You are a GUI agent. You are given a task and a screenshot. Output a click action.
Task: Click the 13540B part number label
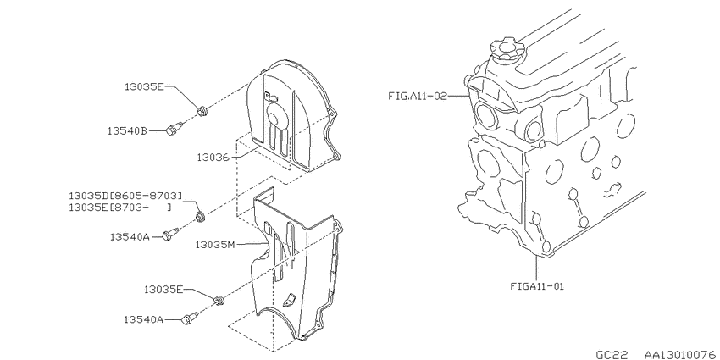point(128,130)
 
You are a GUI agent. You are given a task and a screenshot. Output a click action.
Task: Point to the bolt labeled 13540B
point(172,130)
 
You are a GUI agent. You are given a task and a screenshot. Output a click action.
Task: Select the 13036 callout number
point(213,157)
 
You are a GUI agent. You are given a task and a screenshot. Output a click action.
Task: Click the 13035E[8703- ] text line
point(120,207)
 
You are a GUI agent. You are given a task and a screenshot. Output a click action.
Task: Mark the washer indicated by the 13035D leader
point(200,216)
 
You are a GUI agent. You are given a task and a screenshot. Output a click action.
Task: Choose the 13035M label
point(215,245)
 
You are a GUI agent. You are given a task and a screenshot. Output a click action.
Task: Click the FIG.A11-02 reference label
point(417,96)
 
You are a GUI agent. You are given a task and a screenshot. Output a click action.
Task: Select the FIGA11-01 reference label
point(537,286)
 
